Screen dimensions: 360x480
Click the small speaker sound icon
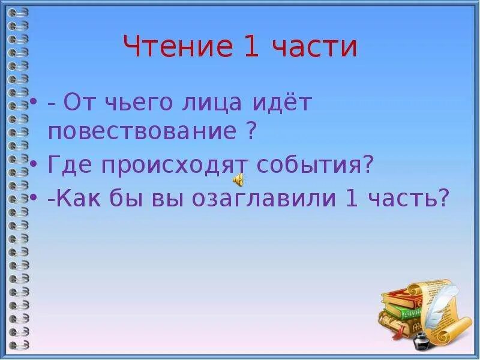coord(238,179)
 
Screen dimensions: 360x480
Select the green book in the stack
coord(405,311)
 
